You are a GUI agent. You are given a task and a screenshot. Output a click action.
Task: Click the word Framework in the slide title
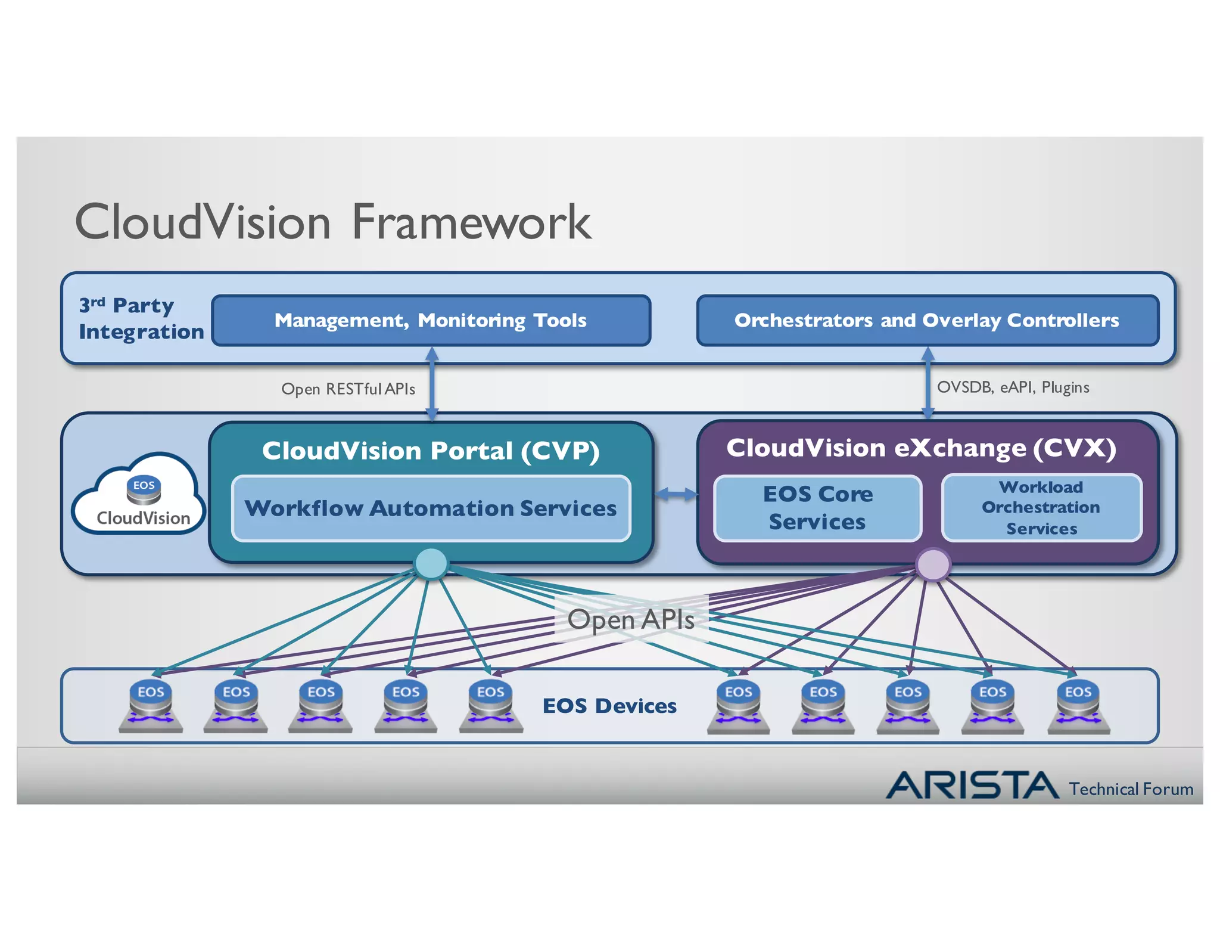click(x=471, y=222)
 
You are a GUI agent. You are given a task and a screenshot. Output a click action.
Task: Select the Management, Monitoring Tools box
click(x=431, y=321)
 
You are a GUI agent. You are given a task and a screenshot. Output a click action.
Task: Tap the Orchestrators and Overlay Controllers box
click(x=927, y=321)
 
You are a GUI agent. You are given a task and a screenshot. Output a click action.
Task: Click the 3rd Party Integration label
click(x=140, y=318)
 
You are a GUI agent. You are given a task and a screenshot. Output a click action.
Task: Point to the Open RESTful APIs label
click(x=348, y=389)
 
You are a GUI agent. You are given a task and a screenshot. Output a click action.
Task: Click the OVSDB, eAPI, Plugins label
click(x=1013, y=387)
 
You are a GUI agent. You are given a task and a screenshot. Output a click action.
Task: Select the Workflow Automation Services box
click(x=431, y=508)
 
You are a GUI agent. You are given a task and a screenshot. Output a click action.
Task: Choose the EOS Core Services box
click(x=817, y=508)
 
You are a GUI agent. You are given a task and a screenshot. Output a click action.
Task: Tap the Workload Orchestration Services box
click(x=1041, y=508)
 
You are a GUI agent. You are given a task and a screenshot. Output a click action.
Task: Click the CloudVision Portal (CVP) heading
click(x=431, y=451)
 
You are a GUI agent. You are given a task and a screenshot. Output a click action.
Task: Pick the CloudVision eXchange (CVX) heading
click(x=921, y=448)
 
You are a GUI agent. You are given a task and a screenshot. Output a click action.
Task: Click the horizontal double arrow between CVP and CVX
click(x=676, y=494)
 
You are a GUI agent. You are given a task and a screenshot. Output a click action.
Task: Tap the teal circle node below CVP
click(x=431, y=563)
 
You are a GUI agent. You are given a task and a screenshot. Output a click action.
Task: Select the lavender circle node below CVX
click(x=933, y=564)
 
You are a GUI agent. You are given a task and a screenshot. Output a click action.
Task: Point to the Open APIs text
click(x=631, y=619)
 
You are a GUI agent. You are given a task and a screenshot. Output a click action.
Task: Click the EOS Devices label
click(x=609, y=706)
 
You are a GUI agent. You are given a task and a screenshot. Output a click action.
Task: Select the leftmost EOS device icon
click(x=151, y=707)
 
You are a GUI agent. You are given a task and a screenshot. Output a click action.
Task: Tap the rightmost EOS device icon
click(x=1078, y=707)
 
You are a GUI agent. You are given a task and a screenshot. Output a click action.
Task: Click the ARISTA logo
click(x=972, y=785)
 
